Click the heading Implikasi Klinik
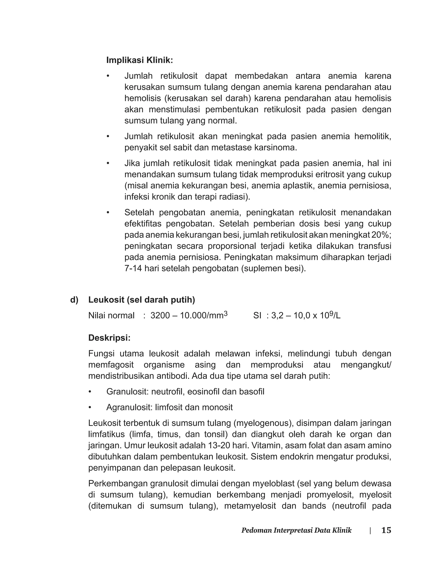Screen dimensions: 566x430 coord(139,60)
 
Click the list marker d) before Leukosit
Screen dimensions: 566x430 coord(74,300)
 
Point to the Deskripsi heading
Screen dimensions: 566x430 coord(109,338)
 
